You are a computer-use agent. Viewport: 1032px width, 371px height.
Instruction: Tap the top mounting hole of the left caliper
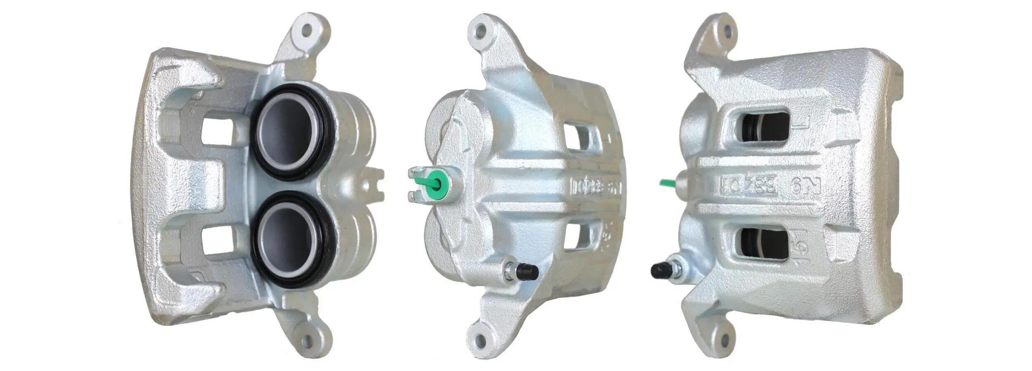pos(307,30)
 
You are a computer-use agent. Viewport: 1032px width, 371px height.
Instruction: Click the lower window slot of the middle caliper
pos(578,235)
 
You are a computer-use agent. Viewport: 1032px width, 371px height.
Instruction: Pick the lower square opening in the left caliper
pos(218,240)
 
